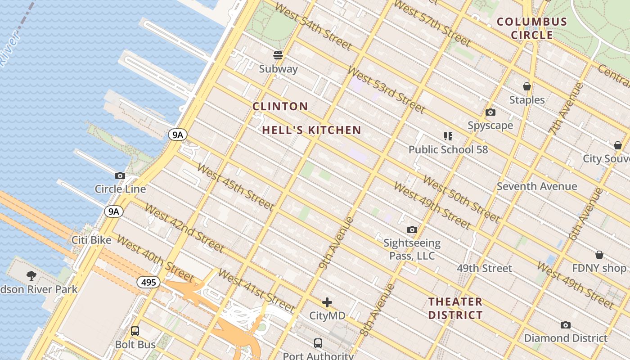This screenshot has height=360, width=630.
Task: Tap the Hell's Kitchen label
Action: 312,130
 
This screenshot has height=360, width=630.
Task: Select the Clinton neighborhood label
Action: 280,107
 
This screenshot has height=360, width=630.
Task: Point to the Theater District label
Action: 455,308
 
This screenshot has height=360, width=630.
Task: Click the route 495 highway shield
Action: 148,282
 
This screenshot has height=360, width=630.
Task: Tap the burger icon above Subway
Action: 278,55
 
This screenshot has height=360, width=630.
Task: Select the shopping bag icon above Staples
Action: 526,86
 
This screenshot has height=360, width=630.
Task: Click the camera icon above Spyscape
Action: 490,112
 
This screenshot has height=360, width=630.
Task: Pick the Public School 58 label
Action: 448,149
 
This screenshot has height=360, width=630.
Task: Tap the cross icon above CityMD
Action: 327,302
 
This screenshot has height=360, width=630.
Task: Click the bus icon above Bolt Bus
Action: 135,331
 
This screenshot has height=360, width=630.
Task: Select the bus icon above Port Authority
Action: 318,343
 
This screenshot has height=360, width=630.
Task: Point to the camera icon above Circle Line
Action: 120,175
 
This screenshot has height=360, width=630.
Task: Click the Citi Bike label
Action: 91,240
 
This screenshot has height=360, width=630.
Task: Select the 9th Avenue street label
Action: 336,243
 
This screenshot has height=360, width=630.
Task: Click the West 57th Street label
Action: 432,23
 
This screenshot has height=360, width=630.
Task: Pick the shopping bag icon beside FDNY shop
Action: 599,255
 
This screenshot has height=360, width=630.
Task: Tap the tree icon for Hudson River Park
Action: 31,275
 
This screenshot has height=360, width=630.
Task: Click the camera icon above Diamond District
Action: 565,325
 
